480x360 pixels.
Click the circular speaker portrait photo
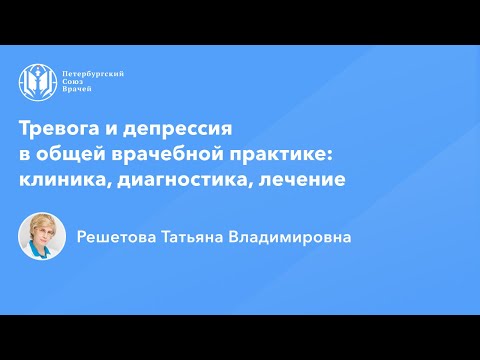click(42, 237)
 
